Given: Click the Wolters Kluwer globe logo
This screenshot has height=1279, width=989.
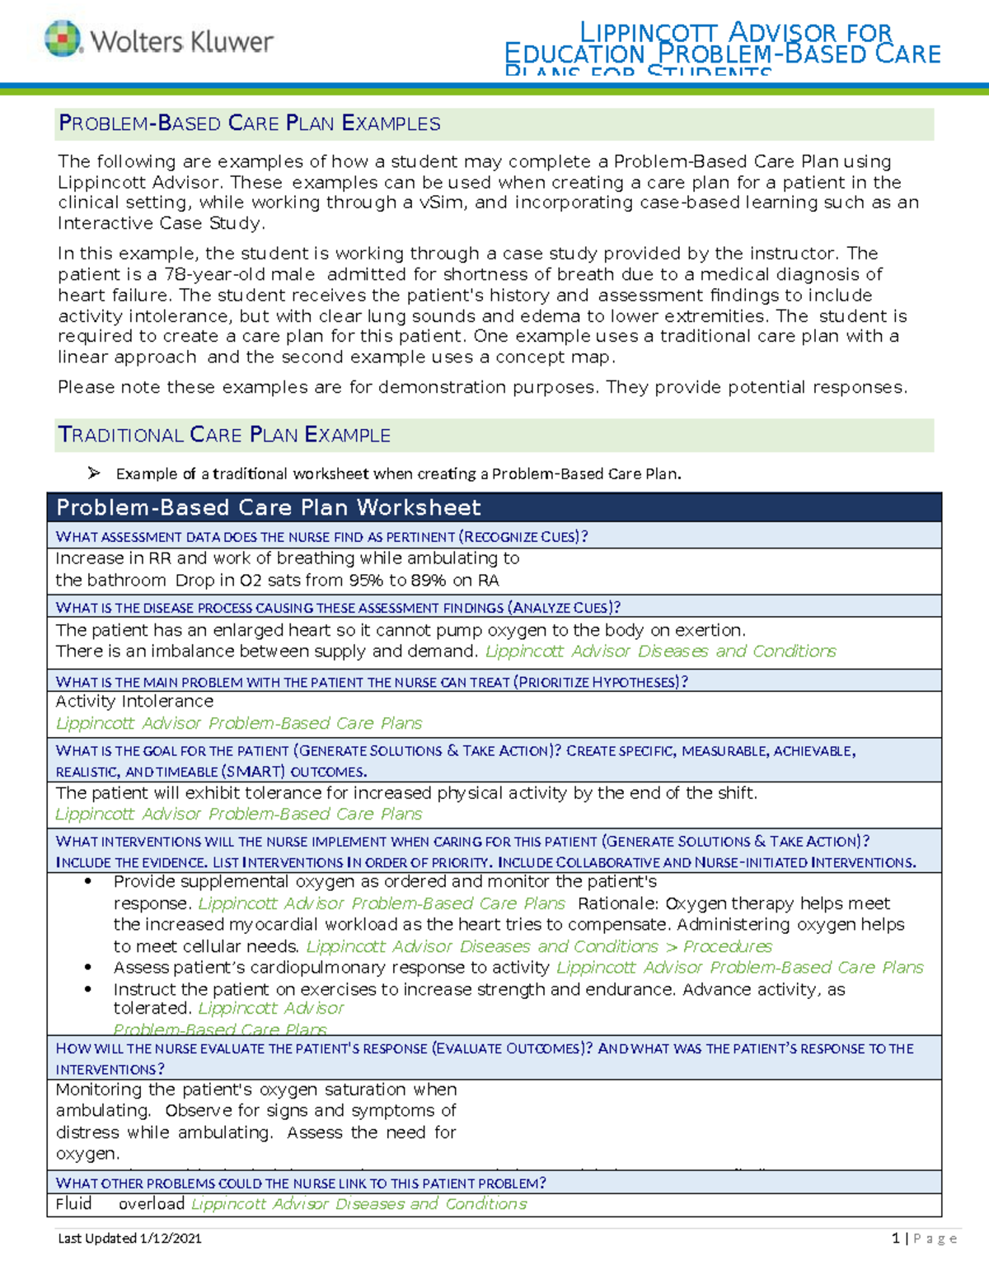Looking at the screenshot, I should click(x=63, y=39).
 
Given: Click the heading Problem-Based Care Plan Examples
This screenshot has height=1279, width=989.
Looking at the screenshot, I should click(x=249, y=124).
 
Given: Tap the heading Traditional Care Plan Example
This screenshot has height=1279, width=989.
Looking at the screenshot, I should click(x=224, y=435).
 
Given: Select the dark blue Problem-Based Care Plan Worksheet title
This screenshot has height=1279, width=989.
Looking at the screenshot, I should click(x=269, y=507).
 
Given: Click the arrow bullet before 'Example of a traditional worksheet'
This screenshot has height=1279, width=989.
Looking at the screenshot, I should click(x=94, y=473).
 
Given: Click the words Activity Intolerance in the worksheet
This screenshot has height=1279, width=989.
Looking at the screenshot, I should click(x=134, y=701).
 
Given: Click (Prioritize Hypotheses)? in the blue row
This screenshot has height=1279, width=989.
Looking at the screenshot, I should click(x=601, y=682).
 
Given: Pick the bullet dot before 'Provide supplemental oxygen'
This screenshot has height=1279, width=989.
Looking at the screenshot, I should click(x=87, y=881).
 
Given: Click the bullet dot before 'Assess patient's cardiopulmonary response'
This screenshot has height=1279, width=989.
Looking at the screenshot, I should click(x=87, y=968).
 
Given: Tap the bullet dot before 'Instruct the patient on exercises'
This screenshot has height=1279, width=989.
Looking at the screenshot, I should click(x=87, y=989).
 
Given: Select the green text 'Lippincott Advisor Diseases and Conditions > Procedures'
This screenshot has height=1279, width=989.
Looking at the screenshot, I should click(x=539, y=946).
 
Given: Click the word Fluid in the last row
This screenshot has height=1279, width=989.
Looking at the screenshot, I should click(x=73, y=1203).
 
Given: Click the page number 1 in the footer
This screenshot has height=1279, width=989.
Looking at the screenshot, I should click(x=895, y=1238).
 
